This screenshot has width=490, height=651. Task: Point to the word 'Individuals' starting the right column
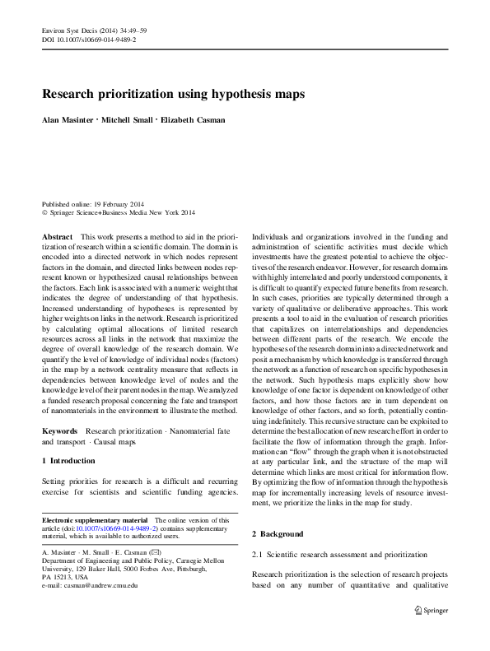tap(272, 235)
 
